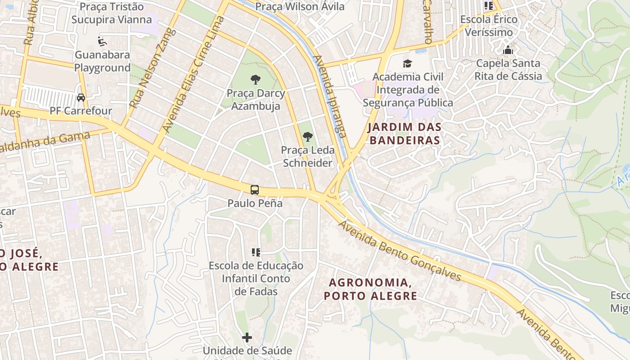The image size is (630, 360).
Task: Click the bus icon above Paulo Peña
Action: [255, 190]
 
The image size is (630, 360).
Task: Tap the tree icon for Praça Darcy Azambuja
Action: [256, 80]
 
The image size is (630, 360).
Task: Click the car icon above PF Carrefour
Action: [81, 97]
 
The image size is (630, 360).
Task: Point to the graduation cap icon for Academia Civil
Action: [408, 63]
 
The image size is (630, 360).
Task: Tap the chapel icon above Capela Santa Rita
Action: [508, 50]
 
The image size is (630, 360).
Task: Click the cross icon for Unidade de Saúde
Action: [247, 337]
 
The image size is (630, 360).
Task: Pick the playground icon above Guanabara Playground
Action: [102, 41]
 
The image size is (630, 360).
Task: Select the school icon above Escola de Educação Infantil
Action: [256, 252]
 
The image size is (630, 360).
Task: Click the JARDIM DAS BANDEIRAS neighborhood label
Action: [404, 134]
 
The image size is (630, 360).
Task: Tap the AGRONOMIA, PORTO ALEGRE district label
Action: [371, 289]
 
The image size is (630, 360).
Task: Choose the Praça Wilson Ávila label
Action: [300, 6]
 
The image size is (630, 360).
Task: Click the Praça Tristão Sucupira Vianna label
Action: [111, 13]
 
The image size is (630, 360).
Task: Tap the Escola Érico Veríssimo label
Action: [489, 26]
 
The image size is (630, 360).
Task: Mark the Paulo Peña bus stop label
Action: [255, 203]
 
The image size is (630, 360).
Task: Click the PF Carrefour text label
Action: [81, 111]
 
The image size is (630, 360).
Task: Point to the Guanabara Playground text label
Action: [102, 61]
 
